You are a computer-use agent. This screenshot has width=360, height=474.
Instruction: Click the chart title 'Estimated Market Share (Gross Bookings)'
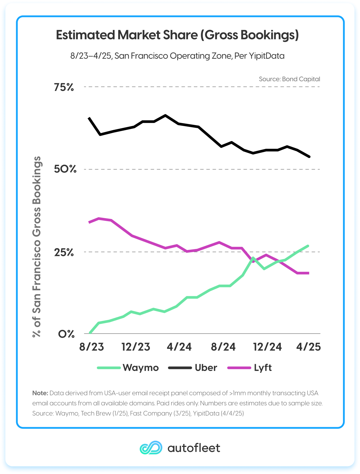177,35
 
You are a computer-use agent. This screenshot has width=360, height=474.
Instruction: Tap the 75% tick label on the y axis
64,87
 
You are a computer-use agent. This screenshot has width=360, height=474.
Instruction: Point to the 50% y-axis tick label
65,169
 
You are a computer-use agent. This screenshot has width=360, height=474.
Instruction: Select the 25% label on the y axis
64,252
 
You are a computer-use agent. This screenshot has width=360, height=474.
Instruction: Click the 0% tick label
66,334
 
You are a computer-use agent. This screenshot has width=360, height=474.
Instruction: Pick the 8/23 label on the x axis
92,347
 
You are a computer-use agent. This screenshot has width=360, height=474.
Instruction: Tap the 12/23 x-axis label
136,347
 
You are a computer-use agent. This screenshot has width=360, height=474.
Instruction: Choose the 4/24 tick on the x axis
179,347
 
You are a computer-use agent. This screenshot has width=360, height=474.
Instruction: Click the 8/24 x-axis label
223,347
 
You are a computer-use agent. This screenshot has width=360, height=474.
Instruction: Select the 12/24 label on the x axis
267,347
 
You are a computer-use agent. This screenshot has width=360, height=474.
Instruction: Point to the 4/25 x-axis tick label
308,347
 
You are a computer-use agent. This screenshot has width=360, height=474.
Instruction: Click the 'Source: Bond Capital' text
289,79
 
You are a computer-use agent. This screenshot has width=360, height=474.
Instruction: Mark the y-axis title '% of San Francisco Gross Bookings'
37,247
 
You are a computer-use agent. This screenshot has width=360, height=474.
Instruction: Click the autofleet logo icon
151,448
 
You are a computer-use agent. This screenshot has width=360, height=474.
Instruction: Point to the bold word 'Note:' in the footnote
40,393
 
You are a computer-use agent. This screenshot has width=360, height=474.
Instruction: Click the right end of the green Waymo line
308,246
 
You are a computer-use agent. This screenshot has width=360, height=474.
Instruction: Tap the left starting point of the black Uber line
89,118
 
